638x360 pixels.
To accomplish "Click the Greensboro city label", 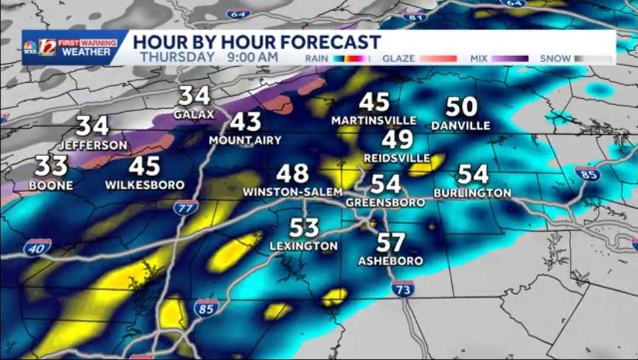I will [x=385, y=202].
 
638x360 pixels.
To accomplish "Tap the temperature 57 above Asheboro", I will [x=391, y=243].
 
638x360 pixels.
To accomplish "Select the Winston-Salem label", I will [x=293, y=192].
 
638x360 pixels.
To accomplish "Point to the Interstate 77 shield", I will [x=186, y=207].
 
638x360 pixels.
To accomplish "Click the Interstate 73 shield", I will [x=402, y=288].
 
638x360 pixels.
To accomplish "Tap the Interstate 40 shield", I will [x=37, y=248].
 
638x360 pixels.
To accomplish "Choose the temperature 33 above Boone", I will [x=52, y=167].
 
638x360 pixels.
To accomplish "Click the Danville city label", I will [x=461, y=125].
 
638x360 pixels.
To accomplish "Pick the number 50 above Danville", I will [x=461, y=106].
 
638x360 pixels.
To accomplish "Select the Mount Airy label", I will [x=245, y=140].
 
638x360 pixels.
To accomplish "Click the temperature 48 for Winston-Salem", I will [x=293, y=174].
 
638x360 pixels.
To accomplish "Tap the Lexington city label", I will [x=303, y=246].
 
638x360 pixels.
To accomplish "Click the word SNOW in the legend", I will [x=555, y=59].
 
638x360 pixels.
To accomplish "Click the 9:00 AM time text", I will [x=252, y=57].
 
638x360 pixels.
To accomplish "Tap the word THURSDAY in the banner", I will [x=177, y=57].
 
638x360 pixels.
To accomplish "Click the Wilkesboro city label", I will [x=145, y=185].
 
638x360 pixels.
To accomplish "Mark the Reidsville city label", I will [x=397, y=158].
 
